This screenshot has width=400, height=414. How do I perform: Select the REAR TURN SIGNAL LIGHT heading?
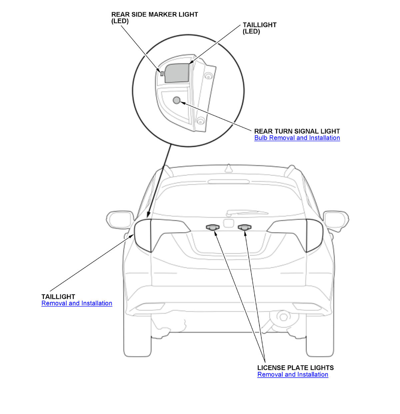pyautogui.click(x=297, y=131)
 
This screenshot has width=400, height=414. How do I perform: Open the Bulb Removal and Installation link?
pyautogui.click(x=297, y=138)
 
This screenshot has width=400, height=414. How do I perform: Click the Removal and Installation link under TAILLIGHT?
pyautogui.click(x=77, y=303)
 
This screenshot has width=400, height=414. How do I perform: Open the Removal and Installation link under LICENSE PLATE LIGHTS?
pyautogui.click(x=293, y=375)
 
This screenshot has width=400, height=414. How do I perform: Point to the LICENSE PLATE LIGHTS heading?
pyautogui.click(x=295, y=368)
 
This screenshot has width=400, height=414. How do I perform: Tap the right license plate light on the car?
pyautogui.click(x=245, y=227)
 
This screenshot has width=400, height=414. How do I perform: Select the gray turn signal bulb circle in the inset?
pyautogui.click(x=176, y=100)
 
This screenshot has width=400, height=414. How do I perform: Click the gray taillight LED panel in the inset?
pyautogui.click(x=177, y=73)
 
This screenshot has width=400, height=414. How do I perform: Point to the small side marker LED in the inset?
pyautogui.click(x=162, y=74)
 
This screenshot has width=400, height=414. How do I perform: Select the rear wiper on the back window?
pyautogui.click(x=247, y=212)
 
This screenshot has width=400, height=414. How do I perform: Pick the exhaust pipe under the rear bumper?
pyautogui.click(x=283, y=316)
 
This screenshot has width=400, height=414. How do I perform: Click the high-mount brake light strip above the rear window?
pyautogui.click(x=228, y=182)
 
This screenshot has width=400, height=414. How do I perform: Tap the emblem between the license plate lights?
pyautogui.click(x=229, y=223)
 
